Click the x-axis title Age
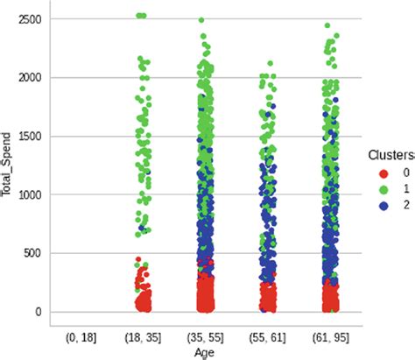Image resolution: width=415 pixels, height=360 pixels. pyautogui.click(x=203, y=352)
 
